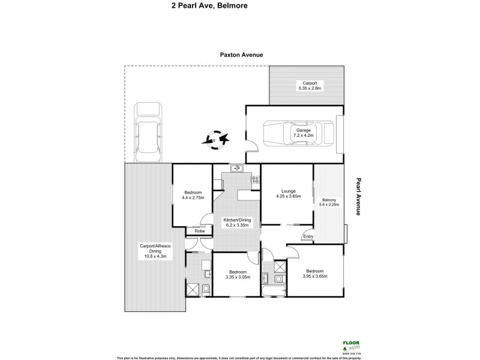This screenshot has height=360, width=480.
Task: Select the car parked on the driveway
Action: (148, 133)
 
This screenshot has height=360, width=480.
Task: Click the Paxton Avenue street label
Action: (240, 55)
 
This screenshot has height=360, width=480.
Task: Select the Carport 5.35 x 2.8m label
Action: (310, 85)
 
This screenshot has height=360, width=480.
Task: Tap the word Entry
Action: (308, 236)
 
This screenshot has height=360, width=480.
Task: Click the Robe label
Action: (194, 231)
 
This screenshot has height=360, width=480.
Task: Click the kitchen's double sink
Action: (236, 167)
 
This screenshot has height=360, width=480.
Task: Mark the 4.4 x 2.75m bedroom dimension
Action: (193, 197)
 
